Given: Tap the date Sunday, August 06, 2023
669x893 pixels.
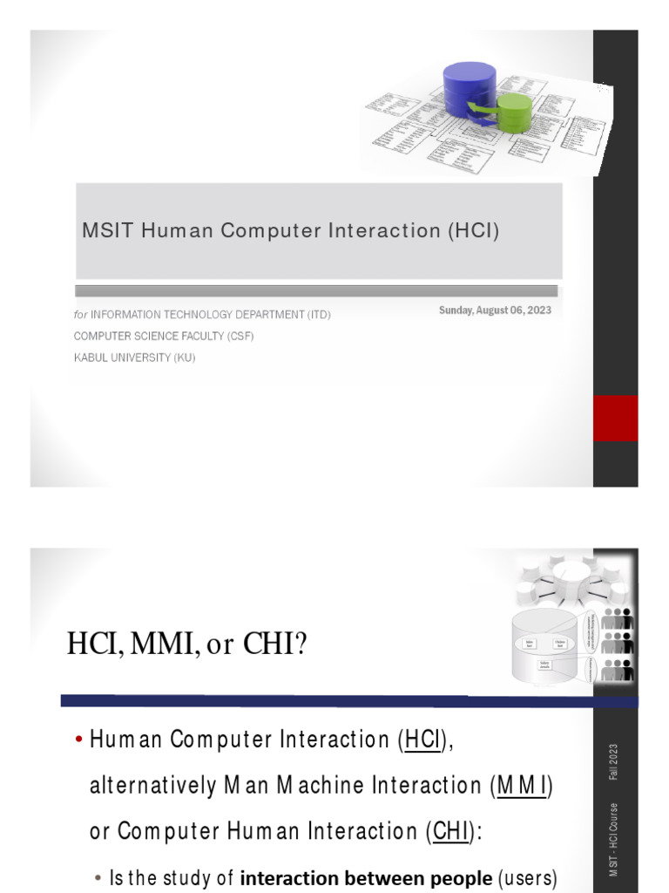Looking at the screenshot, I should pyautogui.click(x=495, y=310).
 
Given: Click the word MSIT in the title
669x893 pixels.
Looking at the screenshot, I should pyautogui.click(x=105, y=231).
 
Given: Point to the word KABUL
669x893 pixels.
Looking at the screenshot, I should pyautogui.click(x=93, y=358).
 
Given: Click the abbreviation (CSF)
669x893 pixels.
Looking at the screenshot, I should pyautogui.click(x=239, y=336).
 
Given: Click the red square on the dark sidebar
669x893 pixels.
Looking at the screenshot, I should pyautogui.click(x=615, y=418).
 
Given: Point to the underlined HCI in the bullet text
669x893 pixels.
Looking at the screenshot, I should pyautogui.click(x=423, y=741).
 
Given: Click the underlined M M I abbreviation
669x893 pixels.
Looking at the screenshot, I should pyautogui.click(x=522, y=786).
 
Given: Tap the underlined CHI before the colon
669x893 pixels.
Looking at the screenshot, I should pyautogui.click(x=450, y=831).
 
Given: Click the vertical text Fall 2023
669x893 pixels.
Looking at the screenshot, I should pyautogui.click(x=614, y=762).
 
